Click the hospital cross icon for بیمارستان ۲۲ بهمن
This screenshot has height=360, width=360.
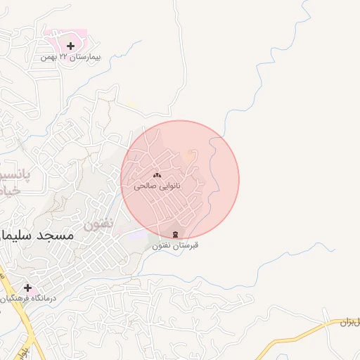click(x=70, y=46)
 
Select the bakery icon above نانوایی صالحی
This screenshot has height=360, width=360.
click(x=157, y=175)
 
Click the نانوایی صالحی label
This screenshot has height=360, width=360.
click(x=157, y=186)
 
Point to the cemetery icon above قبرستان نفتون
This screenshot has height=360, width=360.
click(x=175, y=233)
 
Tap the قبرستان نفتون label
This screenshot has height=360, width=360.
click(x=175, y=245)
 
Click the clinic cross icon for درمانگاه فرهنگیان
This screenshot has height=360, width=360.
click(x=27, y=288)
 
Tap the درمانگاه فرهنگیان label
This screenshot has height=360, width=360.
click(x=28, y=299)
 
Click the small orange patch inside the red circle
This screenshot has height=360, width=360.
click(x=189, y=153)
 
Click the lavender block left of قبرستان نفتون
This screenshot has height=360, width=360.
click(x=141, y=234)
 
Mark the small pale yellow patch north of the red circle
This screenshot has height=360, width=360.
click(x=132, y=104)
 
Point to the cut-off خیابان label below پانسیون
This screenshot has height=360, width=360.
click(x=8, y=191)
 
